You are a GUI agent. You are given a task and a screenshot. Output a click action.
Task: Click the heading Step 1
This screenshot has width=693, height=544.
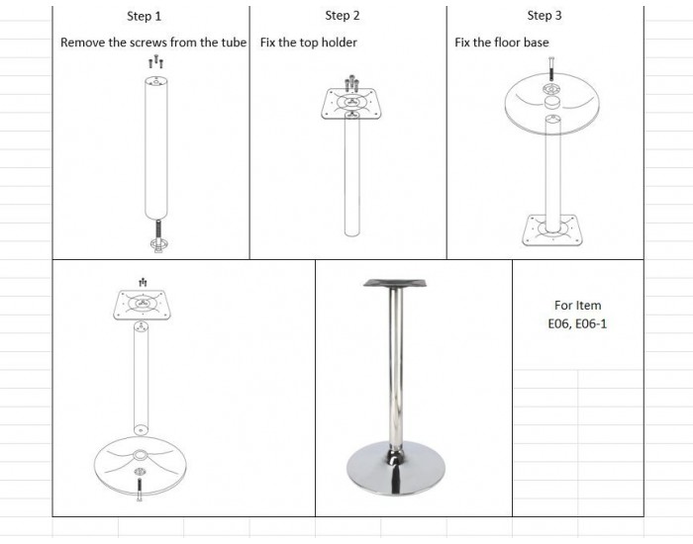click(145, 17)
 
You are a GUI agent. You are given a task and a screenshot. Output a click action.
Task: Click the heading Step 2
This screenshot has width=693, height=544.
click(343, 16)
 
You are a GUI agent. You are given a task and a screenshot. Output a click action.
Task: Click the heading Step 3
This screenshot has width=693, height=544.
click(544, 16)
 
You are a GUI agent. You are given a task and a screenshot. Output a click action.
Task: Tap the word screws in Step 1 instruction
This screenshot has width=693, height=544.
click(148, 43)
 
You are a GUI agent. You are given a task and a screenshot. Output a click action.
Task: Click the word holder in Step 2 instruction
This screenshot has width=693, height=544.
click(339, 43)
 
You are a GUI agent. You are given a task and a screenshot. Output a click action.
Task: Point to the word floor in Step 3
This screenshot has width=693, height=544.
click(497, 43)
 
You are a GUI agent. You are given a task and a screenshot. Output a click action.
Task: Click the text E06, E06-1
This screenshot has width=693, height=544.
click(577, 323)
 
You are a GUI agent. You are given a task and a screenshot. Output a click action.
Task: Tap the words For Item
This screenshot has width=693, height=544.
click(577, 305)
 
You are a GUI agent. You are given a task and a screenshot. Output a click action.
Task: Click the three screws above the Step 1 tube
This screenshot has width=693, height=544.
click(155, 61)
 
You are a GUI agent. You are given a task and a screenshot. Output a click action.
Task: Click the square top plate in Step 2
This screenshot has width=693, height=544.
click(350, 104)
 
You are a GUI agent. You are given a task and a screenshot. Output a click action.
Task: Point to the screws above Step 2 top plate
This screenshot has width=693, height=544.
click(351, 83)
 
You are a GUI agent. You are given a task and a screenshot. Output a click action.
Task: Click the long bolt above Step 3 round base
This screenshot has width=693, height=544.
click(551, 68)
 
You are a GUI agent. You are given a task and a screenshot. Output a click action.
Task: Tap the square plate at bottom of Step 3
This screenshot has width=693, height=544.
click(552, 230)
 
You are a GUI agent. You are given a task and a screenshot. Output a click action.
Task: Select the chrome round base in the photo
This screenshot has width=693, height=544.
click(396, 469)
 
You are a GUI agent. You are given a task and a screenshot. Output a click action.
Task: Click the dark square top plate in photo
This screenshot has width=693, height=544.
click(395, 283)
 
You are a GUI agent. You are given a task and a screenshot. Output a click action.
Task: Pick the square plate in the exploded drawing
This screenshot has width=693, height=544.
click(143, 305)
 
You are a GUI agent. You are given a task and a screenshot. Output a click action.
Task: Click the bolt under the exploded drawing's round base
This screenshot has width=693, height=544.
click(140, 491)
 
